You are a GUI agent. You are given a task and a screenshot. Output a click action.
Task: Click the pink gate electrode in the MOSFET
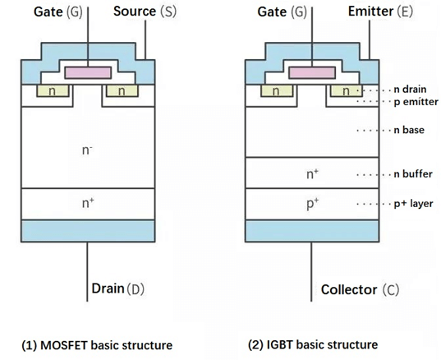(86, 72)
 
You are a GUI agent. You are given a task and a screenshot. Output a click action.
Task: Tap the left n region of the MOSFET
(51, 90)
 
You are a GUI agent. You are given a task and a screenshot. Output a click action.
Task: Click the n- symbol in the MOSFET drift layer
(87, 151)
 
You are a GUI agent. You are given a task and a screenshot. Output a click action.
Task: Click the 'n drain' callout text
(411, 90)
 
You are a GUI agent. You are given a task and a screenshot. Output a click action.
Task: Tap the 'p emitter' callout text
(414, 103)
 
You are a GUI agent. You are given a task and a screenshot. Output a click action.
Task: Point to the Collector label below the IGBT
(348, 289)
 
